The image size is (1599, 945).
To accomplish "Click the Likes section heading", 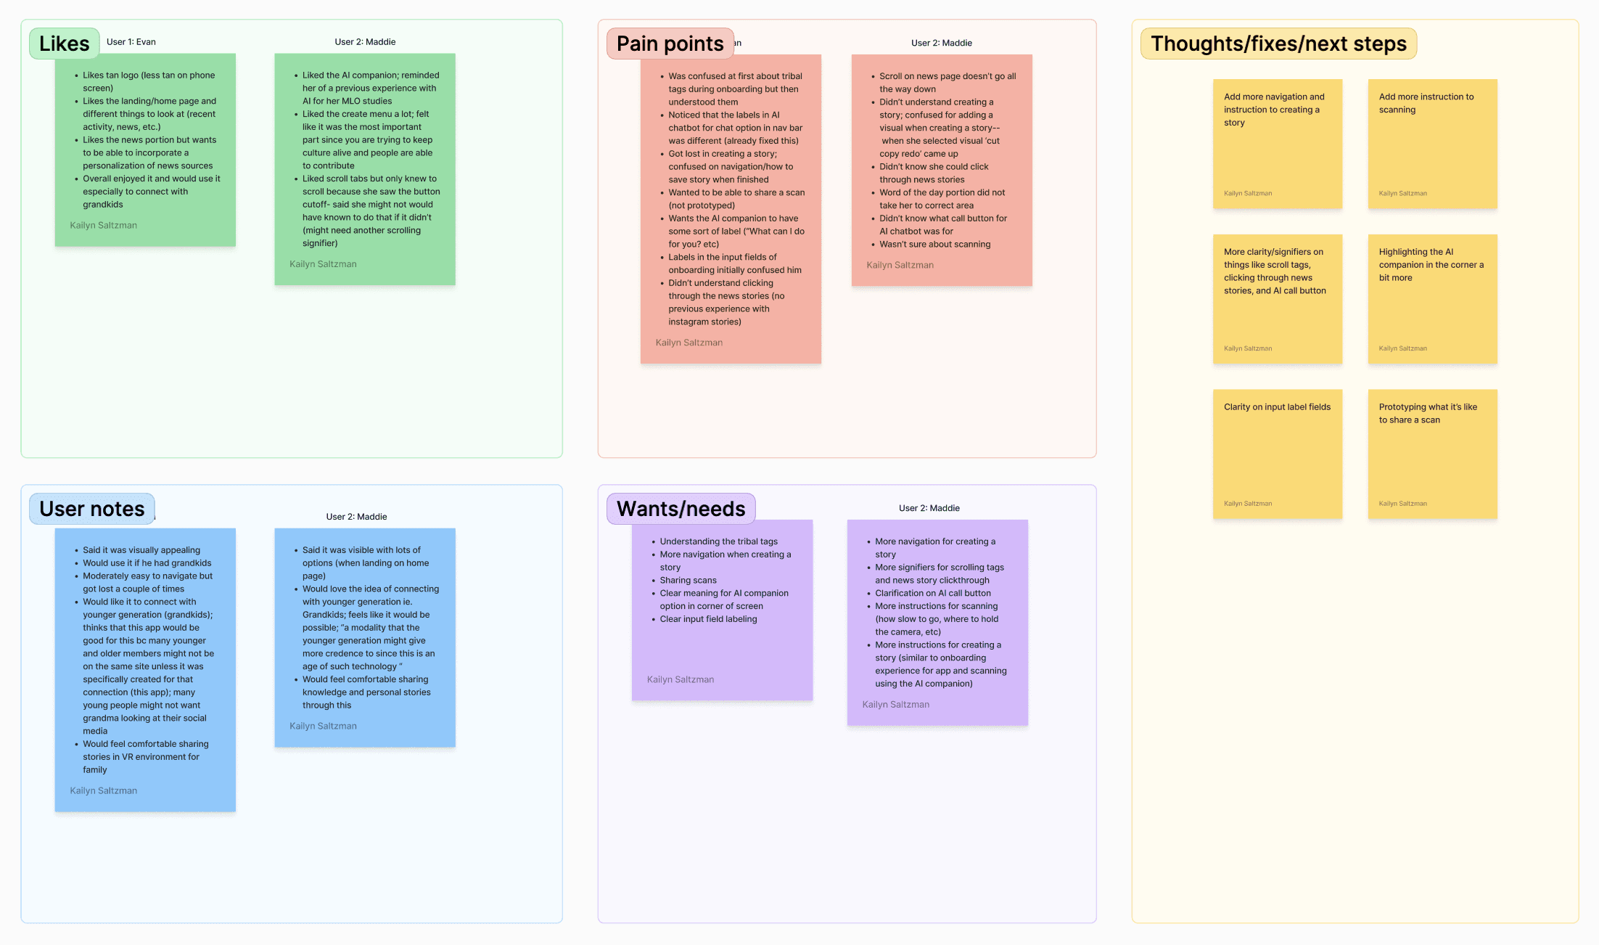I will tap(64, 44).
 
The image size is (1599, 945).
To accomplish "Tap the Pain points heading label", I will tap(670, 44).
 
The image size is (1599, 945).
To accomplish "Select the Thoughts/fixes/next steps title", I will tap(1278, 44).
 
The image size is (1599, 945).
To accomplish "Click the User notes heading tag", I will tap(91, 509).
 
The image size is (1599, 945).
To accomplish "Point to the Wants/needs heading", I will tap(681, 509).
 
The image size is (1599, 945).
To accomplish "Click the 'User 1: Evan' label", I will tap(131, 42).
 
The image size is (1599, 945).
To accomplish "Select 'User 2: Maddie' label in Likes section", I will tap(365, 42).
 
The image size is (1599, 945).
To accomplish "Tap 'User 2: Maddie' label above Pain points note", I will tap(941, 43).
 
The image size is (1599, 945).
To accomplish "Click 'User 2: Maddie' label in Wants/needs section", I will tap(929, 508).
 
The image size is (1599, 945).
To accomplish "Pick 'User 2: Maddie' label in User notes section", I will tap(356, 517).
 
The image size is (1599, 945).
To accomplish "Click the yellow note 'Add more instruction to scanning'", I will tap(1432, 144).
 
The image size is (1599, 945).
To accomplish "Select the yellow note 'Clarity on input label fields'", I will tap(1277, 454).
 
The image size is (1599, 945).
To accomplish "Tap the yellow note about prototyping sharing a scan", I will tap(1432, 454).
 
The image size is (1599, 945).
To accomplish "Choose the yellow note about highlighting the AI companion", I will tap(1432, 298).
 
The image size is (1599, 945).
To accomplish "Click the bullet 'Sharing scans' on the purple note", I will tap(688, 581).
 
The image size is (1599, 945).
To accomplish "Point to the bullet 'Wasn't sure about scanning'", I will tap(934, 245).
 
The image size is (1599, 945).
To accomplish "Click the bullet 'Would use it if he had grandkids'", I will tap(147, 563).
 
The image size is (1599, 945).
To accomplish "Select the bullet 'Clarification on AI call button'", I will tap(932, 593).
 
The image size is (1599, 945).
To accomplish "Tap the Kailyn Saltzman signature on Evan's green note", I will tap(103, 226).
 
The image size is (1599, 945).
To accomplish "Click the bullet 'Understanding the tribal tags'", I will tap(718, 541).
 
